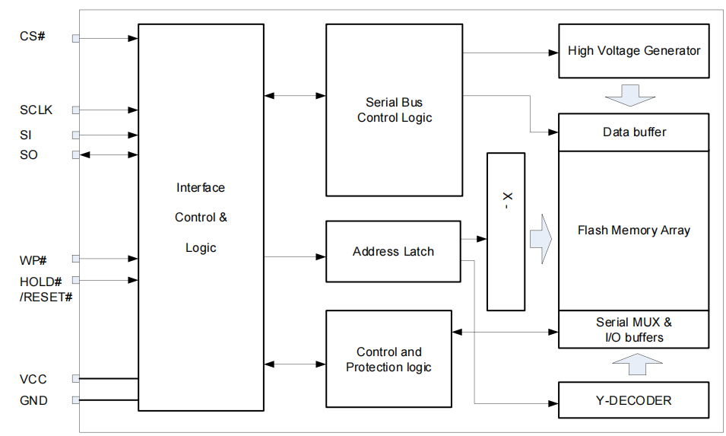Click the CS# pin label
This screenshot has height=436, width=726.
(33, 37)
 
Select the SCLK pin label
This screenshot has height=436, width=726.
(36, 110)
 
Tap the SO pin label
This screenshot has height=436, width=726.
(29, 155)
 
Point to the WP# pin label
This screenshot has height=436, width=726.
(33, 260)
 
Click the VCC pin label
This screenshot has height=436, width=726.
(33, 379)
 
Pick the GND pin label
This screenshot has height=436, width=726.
(33, 400)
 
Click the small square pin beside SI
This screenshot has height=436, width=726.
(75, 135)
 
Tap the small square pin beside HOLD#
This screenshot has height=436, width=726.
(75, 280)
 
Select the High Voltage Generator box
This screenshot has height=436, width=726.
(633, 51)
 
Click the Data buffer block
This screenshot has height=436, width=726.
(634, 132)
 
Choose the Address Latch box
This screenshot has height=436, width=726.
(393, 252)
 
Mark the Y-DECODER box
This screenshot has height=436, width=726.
(633, 400)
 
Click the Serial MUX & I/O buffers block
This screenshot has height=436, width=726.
(633, 329)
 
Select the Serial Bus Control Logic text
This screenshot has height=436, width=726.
(394, 110)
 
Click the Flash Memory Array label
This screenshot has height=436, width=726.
(633, 230)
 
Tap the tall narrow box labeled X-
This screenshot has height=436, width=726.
(506, 231)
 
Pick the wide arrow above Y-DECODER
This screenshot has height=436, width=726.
(633, 364)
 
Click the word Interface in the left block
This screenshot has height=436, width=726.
(201, 188)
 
